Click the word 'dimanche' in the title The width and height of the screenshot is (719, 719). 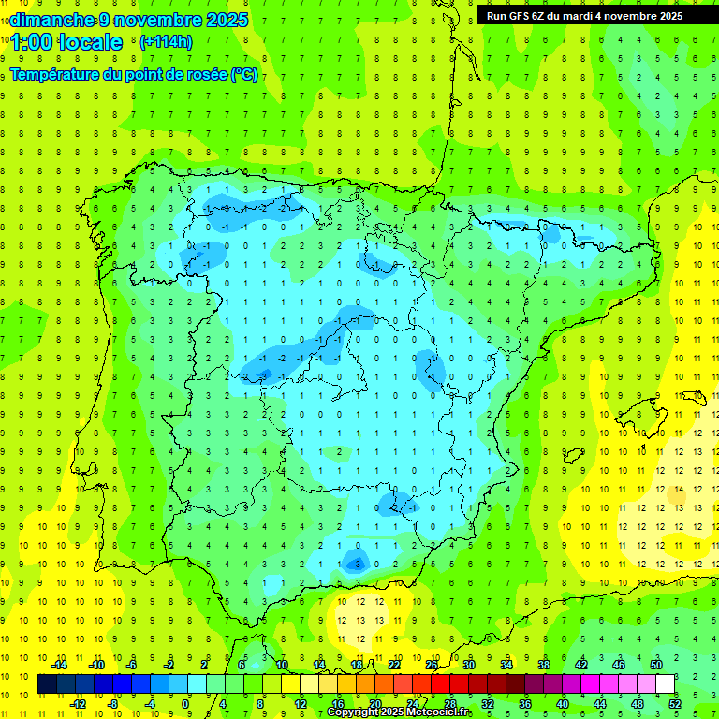point(51,19)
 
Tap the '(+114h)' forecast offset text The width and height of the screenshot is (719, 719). point(166,41)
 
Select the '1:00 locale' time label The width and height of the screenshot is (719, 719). point(66,42)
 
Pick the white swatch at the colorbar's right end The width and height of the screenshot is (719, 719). point(666,684)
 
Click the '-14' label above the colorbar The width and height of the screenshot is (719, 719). point(59,665)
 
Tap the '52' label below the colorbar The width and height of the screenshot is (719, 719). point(675,704)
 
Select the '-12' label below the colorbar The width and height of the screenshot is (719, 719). point(78,704)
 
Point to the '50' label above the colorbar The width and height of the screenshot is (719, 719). point(656,665)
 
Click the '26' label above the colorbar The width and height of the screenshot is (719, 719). point(432,665)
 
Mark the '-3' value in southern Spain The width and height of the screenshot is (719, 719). point(356,565)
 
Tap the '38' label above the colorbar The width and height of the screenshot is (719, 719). point(544,665)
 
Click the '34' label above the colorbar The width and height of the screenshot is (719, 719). point(506,665)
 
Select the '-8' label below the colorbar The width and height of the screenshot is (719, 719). point(114,704)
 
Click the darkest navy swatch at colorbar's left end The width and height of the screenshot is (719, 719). point(47,684)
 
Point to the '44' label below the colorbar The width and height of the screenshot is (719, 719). point(600,704)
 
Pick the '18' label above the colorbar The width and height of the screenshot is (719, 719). point(357,665)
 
